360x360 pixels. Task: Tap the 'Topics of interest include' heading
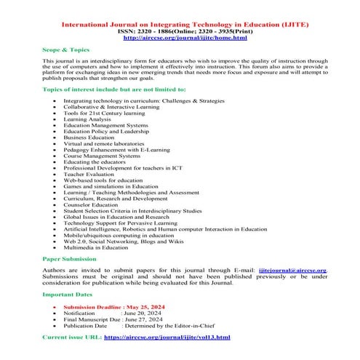click(x=113, y=88)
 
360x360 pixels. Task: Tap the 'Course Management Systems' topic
click(x=121, y=155)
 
